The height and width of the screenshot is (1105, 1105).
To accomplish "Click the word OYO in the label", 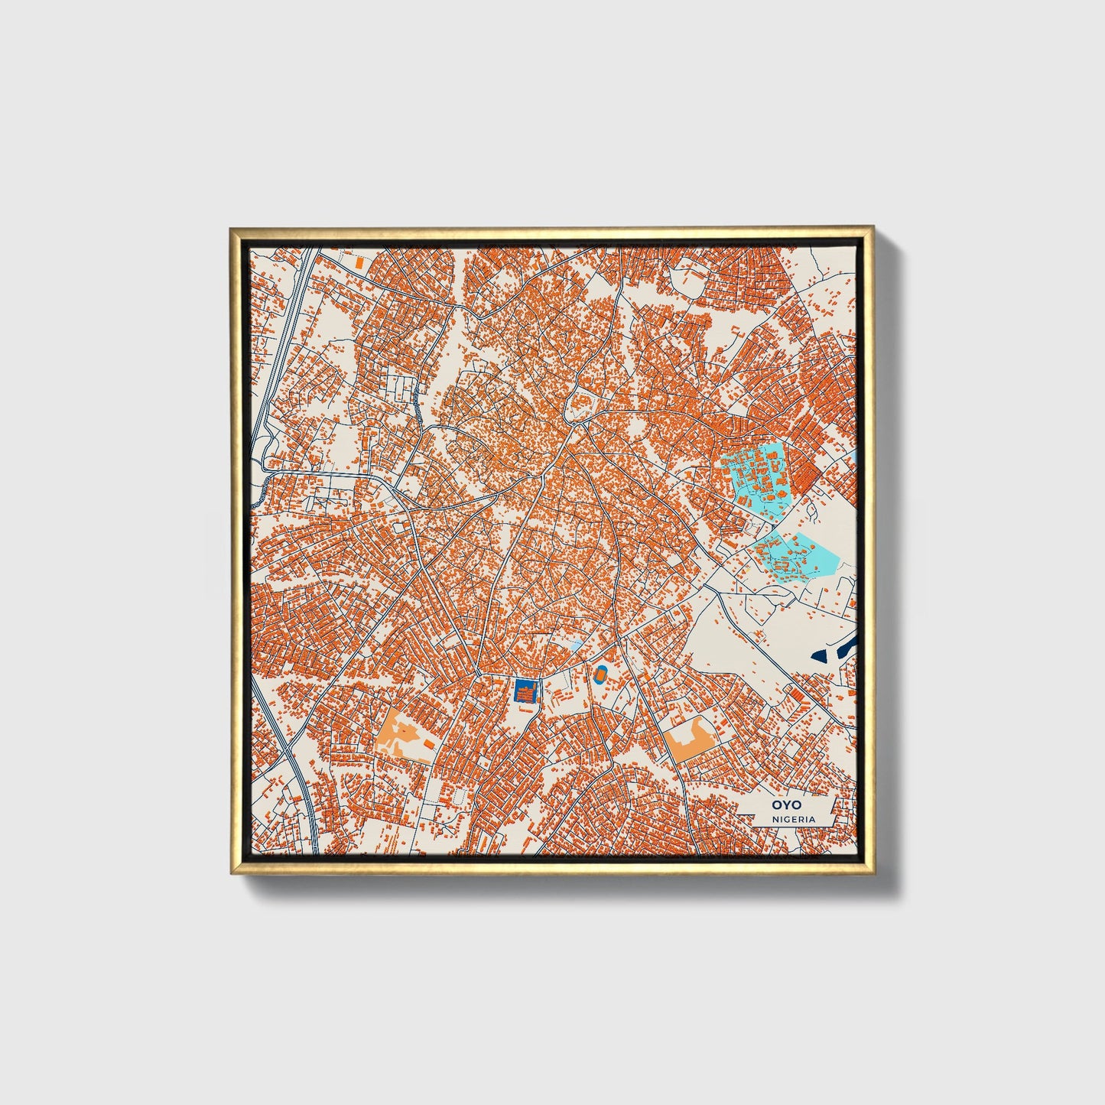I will click(782, 804).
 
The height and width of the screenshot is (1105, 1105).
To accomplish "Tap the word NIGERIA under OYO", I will click(793, 819).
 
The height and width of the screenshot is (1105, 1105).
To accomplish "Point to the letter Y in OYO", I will click(782, 804).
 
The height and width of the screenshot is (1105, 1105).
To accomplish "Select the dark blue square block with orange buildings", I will click(525, 692).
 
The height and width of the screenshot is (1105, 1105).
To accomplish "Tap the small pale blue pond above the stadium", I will click(574, 647).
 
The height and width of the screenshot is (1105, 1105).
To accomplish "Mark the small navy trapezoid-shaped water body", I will click(820, 655).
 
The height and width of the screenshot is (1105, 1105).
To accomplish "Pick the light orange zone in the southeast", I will click(688, 738).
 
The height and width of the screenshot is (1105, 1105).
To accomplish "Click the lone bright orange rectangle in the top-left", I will click(359, 262).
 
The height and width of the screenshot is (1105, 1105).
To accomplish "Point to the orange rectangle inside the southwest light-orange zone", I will click(429, 743).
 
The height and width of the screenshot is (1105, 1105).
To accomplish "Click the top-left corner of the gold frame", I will click(231, 228).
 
